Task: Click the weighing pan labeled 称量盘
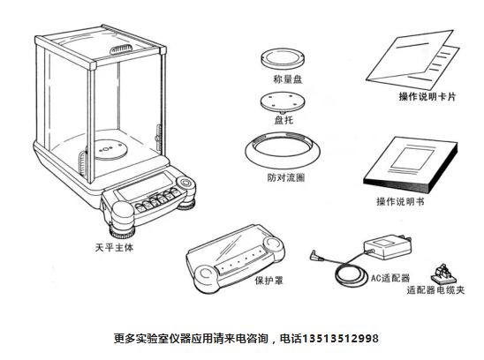[x=283, y=58]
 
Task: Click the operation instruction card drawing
[x=413, y=60]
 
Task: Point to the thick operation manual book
[x=410, y=165]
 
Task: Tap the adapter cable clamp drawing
[x=443, y=274]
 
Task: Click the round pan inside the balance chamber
[x=110, y=149]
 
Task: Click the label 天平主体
[x=114, y=247]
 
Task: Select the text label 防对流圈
[x=286, y=177]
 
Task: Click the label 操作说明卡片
[x=427, y=96]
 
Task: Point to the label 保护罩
[x=268, y=281]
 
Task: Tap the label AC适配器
[x=389, y=278]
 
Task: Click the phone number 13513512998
[x=340, y=339]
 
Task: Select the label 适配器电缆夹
[x=435, y=290]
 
